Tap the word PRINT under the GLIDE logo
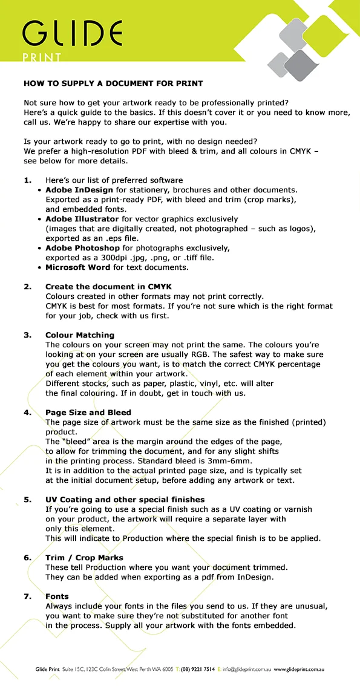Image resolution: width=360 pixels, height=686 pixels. point(42,59)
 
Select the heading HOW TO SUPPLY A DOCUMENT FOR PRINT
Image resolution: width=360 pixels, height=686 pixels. point(113,83)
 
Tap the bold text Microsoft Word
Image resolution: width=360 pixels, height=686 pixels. point(78,267)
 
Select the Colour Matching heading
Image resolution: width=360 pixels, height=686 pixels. point(80,335)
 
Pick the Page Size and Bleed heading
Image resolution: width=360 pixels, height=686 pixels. point(88,412)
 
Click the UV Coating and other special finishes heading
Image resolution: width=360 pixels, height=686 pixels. point(125,499)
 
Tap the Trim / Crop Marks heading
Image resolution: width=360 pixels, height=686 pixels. point(84,557)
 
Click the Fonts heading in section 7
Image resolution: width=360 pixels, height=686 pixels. point(57,596)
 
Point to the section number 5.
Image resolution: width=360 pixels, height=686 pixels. point(27,499)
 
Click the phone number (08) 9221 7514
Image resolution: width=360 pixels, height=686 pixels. point(197,669)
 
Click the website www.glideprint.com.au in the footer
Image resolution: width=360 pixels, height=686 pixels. point(299,669)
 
